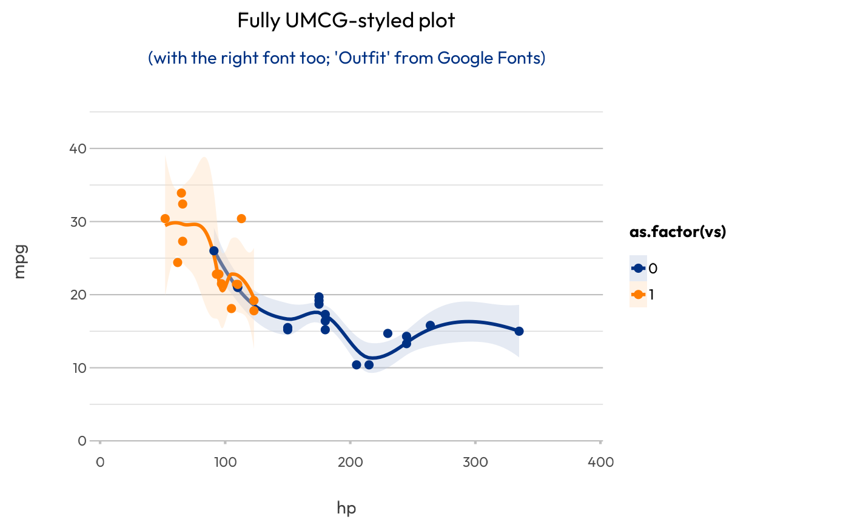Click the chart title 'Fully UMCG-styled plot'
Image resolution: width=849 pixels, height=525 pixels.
tap(346, 21)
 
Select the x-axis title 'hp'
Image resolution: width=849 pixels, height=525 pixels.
tap(346, 508)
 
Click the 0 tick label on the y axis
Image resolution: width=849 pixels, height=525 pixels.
tap(82, 441)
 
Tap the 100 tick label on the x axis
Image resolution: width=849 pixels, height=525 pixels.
tap(225, 463)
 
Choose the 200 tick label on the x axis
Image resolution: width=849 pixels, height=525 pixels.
tap(350, 463)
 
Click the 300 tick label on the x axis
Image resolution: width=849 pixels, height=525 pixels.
tap(475, 463)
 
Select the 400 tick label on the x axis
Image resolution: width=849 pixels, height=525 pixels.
tap(601, 463)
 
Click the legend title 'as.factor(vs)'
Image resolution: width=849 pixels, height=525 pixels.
tap(678, 232)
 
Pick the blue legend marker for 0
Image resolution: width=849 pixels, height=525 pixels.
tap(638, 268)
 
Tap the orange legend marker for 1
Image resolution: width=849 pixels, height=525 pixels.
tap(638, 295)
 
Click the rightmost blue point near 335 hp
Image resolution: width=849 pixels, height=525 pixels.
tap(518, 331)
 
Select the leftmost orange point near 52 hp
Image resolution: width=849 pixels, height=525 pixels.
tap(165, 218)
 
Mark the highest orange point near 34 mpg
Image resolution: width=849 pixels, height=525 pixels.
tap(181, 193)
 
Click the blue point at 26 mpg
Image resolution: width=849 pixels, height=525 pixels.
tap(213, 250)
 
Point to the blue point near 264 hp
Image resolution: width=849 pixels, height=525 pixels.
tap(430, 326)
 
